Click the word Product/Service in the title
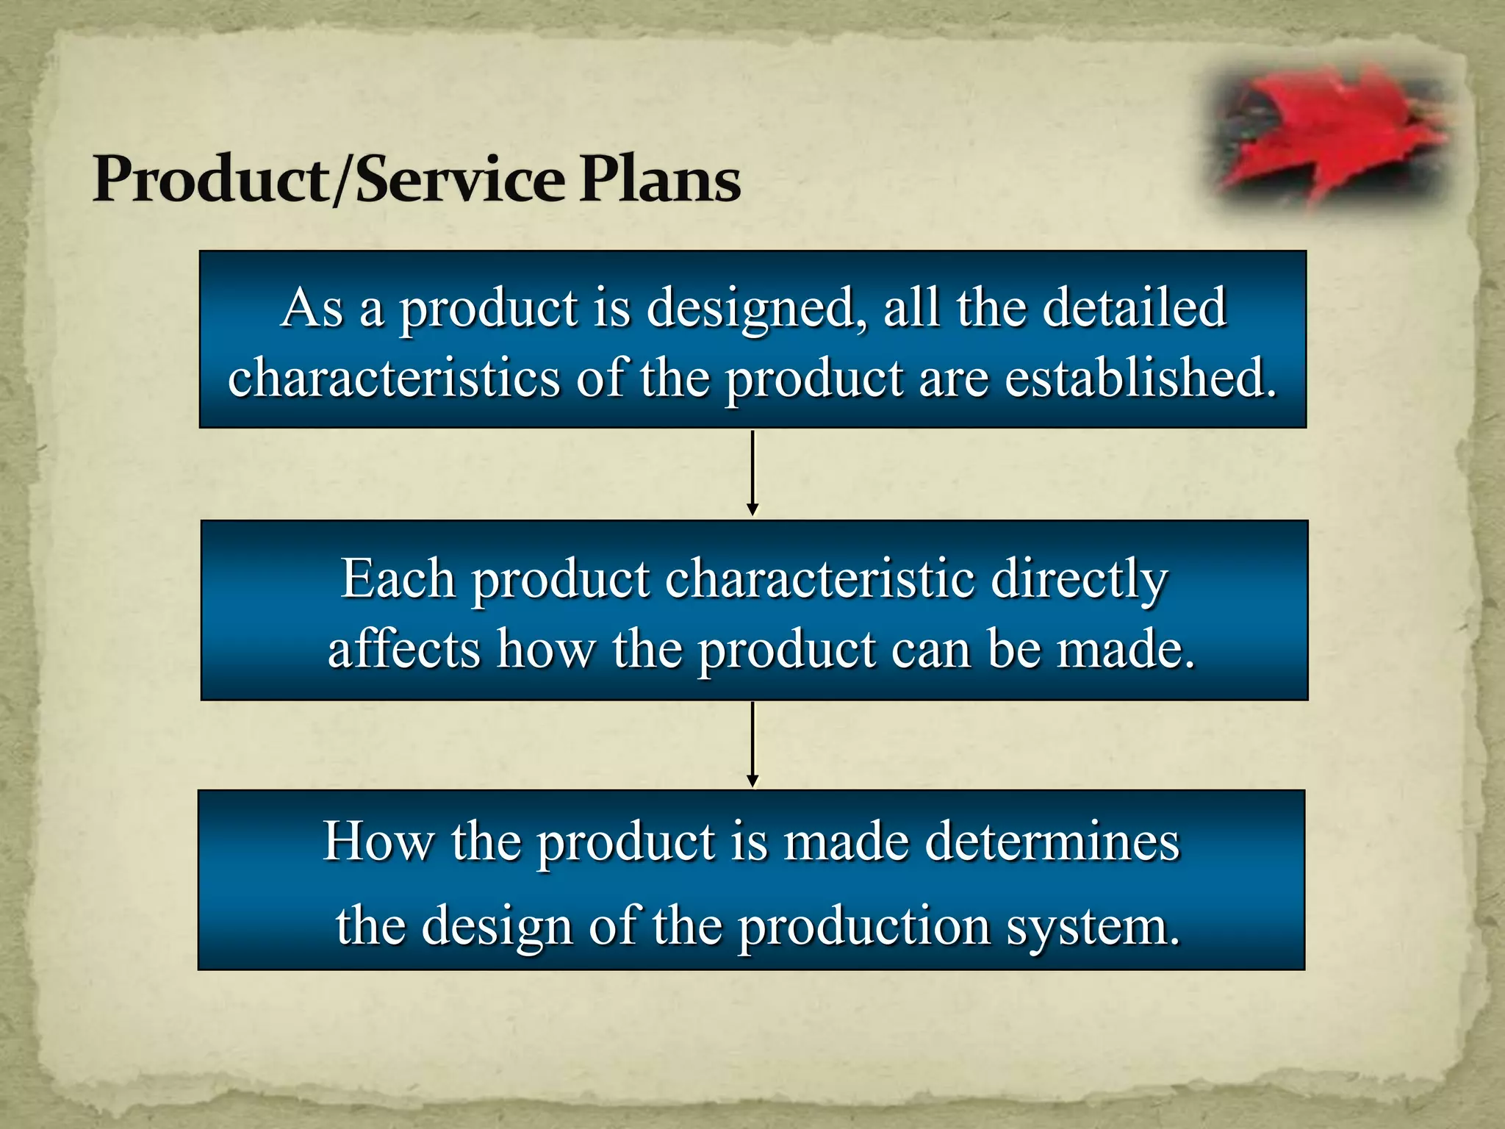[328, 180]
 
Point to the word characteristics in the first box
[394, 379]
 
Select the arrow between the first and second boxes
[752, 473]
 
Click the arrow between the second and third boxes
[752, 743]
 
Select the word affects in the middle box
[403, 650]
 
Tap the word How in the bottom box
[378, 842]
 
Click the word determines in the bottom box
[1052, 842]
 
